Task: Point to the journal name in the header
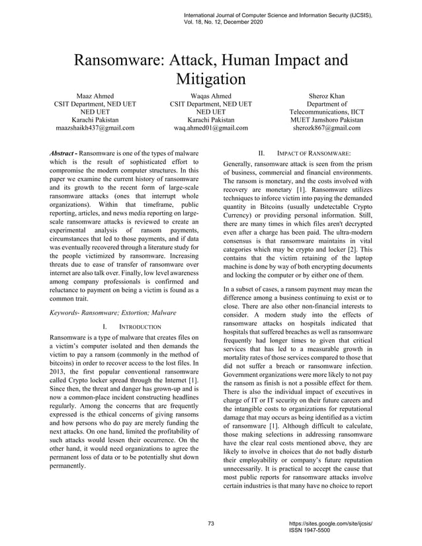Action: [278, 14]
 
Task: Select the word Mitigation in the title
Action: [210, 79]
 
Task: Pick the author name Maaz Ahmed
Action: [95, 96]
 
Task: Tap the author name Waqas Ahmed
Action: [210, 96]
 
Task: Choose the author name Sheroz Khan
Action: [327, 96]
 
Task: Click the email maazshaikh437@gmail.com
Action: [95, 128]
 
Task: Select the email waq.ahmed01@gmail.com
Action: [210, 128]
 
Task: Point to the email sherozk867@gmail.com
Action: [327, 128]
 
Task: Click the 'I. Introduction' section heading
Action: [132, 327]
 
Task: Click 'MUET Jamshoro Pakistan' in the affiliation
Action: [327, 120]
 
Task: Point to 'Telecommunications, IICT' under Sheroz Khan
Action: [327, 112]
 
